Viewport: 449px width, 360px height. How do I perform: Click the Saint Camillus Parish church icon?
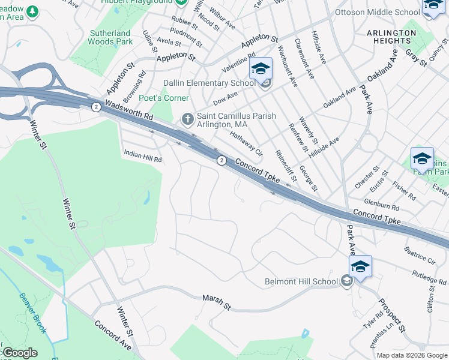(187, 119)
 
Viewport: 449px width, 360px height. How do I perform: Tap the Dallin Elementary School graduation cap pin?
(261, 70)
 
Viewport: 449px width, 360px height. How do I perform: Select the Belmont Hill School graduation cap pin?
(360, 267)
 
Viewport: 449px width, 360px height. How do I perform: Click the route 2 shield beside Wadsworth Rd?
(96, 106)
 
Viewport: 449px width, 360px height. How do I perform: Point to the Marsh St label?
(217, 301)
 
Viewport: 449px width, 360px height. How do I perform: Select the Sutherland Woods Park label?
(110, 37)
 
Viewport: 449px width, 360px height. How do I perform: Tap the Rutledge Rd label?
(429, 276)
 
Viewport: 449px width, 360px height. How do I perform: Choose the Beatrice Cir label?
(420, 256)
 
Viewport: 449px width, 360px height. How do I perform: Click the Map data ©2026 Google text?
(412, 355)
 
